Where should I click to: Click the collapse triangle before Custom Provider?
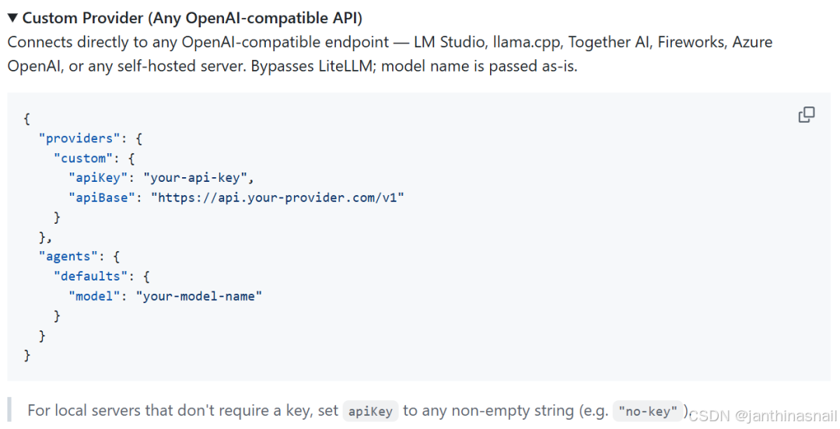click(x=12, y=17)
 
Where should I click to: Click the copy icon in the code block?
click(x=807, y=115)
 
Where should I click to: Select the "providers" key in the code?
click(x=79, y=138)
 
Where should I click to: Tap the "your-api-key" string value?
click(x=198, y=177)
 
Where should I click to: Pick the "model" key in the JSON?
click(x=94, y=296)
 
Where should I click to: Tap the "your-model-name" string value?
click(x=199, y=296)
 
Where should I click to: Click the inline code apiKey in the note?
click(x=370, y=411)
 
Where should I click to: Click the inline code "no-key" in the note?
click(x=647, y=411)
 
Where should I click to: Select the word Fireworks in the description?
click(x=691, y=42)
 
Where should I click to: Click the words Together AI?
click(x=609, y=42)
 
